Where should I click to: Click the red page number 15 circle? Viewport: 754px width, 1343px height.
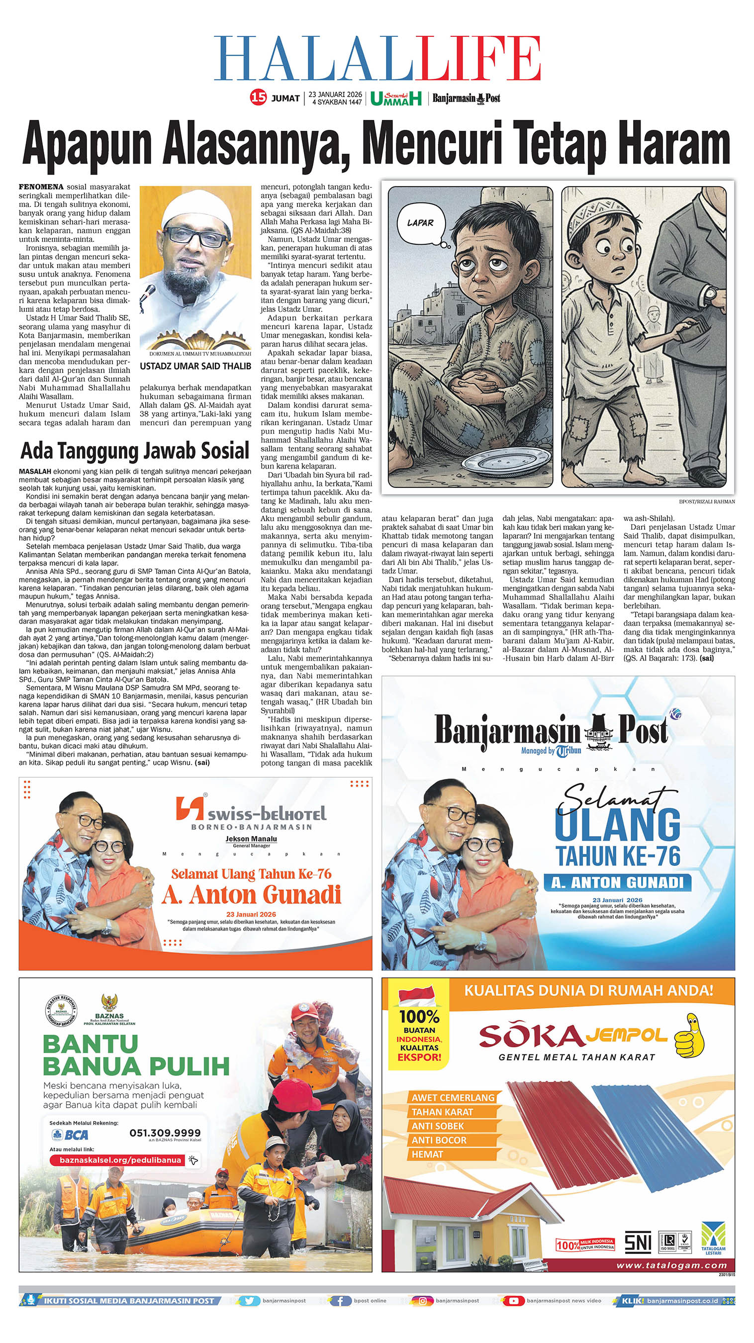[x=258, y=97]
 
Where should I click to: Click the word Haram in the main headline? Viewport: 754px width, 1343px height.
[x=674, y=143]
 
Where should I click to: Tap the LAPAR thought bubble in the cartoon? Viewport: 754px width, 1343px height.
[x=421, y=223]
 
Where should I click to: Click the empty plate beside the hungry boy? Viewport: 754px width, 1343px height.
[x=499, y=462]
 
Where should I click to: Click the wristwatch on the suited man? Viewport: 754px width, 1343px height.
[x=710, y=295]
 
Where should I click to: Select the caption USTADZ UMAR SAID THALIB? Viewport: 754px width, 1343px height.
[x=195, y=367]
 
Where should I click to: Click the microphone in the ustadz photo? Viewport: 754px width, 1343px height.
[x=148, y=293]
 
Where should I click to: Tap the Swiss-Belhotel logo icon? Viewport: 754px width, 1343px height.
[x=190, y=809]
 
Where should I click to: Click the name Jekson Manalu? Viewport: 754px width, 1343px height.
[x=251, y=839]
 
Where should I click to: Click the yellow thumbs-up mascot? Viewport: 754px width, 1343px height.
[x=689, y=1036]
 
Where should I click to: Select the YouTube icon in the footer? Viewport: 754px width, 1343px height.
[x=514, y=1301]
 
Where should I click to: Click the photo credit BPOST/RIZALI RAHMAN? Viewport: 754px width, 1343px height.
[x=707, y=501]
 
